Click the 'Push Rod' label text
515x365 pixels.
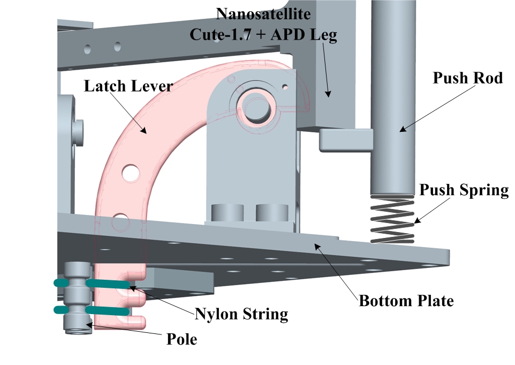pyautogui.click(x=467, y=78)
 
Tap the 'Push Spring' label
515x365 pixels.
pyautogui.click(x=464, y=190)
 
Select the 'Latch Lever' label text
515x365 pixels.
pyautogui.click(x=128, y=86)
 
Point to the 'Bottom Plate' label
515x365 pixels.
pyautogui.click(x=406, y=301)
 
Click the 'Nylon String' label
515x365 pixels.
pyautogui.click(x=241, y=314)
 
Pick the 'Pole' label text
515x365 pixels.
pyautogui.click(x=181, y=339)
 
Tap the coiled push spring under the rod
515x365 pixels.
pyautogui.click(x=393, y=220)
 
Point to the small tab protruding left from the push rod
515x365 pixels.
pyautogui.click(x=345, y=140)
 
